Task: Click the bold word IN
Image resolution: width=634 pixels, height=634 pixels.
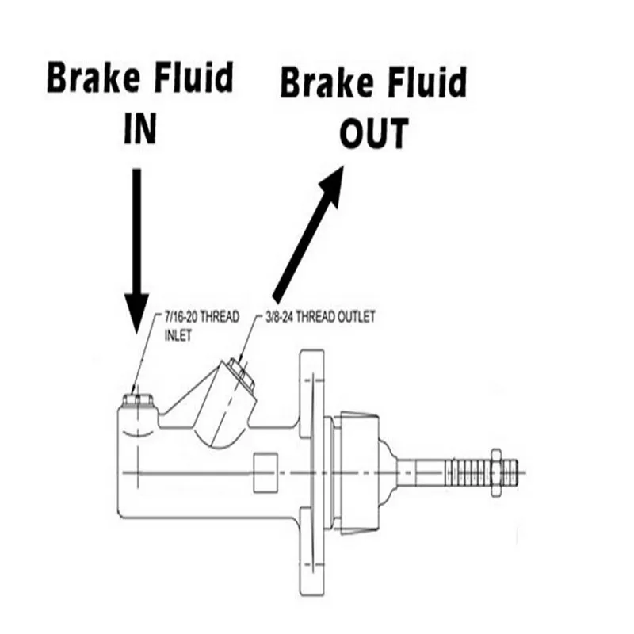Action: pos(139,129)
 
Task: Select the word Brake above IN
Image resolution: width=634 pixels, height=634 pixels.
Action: pos(87,80)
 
